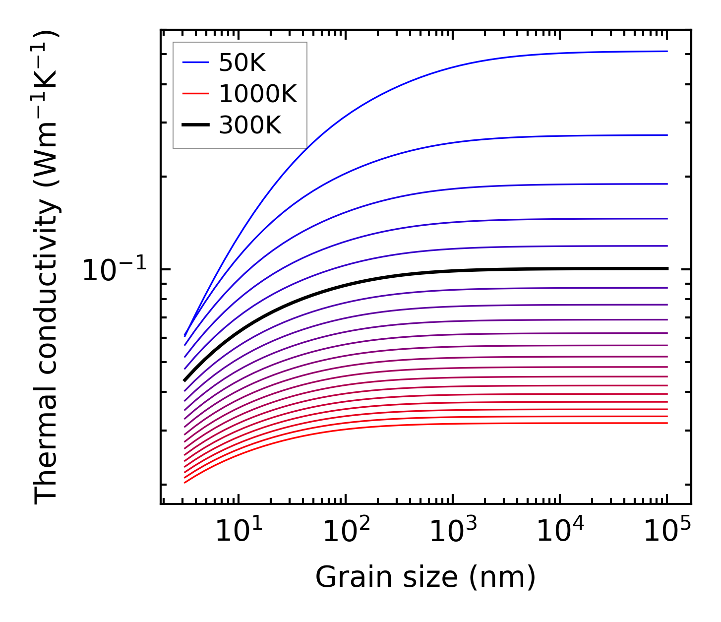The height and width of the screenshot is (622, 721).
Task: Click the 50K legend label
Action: [x=242, y=63]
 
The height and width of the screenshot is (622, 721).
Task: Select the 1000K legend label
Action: [x=258, y=94]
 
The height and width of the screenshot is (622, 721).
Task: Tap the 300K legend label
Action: [x=250, y=125]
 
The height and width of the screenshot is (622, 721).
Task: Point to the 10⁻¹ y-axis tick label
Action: [x=115, y=270]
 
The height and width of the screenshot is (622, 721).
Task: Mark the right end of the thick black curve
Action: [x=667, y=268]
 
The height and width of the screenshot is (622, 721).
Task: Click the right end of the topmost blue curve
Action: [x=667, y=51]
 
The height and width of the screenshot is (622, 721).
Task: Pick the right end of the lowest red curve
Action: [x=667, y=423]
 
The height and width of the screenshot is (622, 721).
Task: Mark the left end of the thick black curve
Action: [x=184, y=380]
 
